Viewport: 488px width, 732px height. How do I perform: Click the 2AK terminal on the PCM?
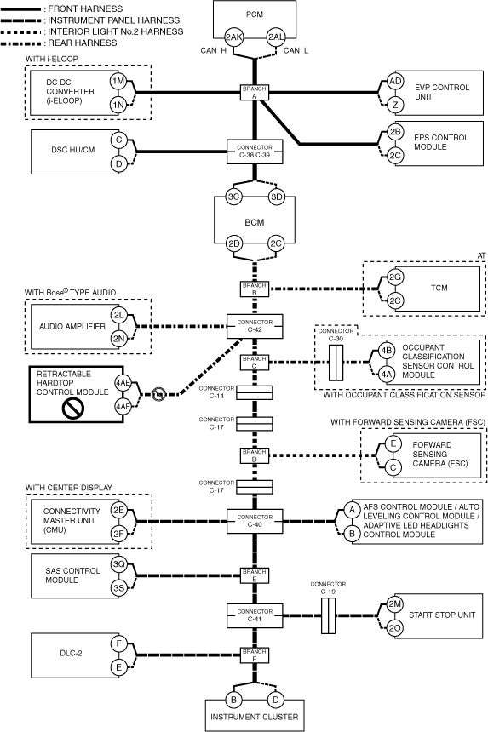coord(233,37)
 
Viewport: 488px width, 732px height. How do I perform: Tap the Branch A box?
coord(255,93)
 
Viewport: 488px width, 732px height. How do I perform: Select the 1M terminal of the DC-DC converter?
coord(118,81)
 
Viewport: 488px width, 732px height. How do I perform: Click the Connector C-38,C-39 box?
coord(255,152)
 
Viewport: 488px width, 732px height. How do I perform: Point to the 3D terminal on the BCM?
coord(277,197)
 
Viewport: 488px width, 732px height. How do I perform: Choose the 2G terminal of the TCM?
coord(395,277)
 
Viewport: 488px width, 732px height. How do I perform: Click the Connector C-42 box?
coord(255,326)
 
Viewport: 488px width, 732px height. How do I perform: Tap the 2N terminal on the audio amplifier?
coord(118,339)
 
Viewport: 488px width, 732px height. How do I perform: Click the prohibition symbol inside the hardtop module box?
coord(73,409)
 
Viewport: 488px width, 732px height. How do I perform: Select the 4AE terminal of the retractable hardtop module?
coord(123,383)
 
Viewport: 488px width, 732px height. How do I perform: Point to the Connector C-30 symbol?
coord(336,363)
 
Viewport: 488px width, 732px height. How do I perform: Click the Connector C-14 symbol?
coord(255,393)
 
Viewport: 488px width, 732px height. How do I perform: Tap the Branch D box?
coord(255,455)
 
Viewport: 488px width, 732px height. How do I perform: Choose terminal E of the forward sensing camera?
coord(393,443)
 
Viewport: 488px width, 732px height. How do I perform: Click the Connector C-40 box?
coord(255,521)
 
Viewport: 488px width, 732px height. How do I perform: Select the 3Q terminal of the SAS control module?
coord(118,564)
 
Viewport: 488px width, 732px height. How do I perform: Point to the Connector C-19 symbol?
coord(328,615)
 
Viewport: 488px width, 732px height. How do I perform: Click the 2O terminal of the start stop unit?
coord(395,628)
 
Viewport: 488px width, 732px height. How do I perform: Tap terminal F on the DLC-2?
coord(118,643)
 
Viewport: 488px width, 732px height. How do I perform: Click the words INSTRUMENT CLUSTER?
coord(255,717)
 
